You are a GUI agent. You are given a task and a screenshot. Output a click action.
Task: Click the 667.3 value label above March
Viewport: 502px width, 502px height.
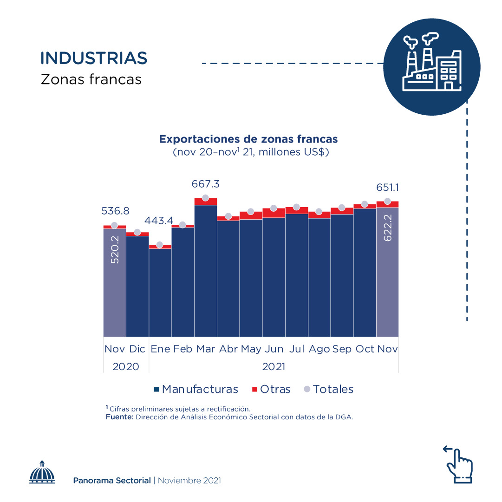point(205,184)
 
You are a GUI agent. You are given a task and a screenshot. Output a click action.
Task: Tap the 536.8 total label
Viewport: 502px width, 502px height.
point(115,211)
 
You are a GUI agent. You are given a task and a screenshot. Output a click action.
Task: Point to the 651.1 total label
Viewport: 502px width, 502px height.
point(387,188)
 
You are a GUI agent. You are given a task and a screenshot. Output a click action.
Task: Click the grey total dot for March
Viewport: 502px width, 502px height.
point(205,198)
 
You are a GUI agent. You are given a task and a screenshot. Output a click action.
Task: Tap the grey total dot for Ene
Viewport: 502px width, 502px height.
point(160,245)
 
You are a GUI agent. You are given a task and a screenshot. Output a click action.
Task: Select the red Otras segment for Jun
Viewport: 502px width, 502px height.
point(274,213)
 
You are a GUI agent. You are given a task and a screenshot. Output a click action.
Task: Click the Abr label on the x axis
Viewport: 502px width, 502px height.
point(228,349)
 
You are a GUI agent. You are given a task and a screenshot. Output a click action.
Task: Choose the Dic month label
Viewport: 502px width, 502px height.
point(137,349)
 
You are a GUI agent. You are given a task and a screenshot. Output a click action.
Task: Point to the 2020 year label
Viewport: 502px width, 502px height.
point(126,366)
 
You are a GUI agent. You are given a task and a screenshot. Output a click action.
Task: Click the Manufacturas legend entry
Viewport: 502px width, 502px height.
point(196,389)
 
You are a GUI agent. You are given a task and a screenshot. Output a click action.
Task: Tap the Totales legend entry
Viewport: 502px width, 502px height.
point(328,389)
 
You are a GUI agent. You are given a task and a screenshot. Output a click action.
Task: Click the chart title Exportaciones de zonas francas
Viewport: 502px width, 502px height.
point(248,139)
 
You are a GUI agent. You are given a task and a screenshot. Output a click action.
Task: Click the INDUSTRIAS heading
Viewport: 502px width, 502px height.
point(94,58)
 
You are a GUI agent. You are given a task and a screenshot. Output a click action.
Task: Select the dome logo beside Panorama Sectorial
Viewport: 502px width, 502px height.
point(42,472)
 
